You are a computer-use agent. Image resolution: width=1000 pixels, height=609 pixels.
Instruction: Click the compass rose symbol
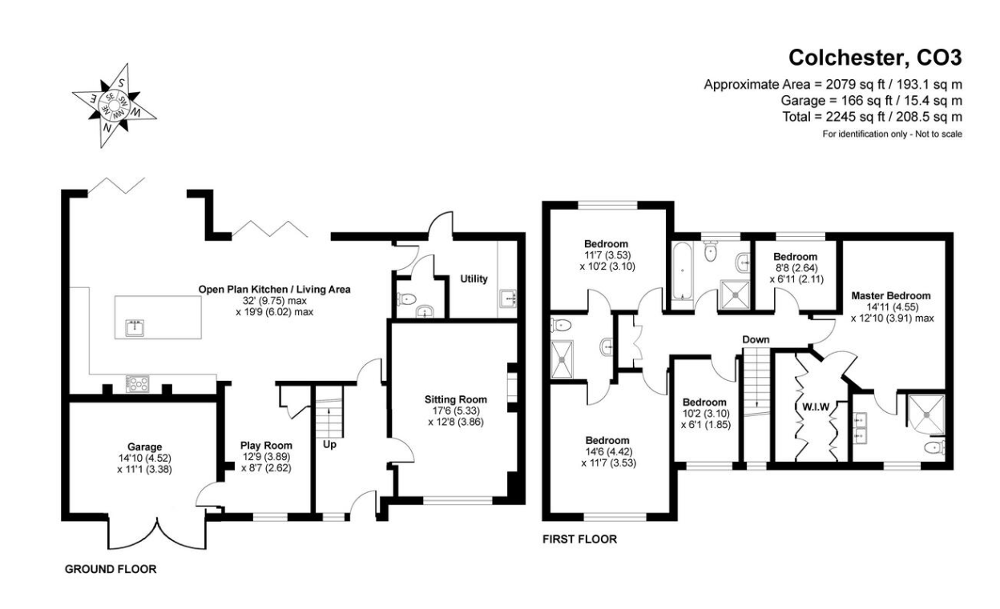(115, 105)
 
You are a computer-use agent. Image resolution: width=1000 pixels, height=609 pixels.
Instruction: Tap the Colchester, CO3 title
(875, 58)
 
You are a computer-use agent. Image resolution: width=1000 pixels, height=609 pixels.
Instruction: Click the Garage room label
(145, 447)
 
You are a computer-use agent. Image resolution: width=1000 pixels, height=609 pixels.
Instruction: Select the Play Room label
(266, 446)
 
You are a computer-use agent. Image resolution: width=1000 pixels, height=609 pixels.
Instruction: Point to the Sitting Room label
(456, 399)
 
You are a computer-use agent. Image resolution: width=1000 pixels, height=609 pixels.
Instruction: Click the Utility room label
(474, 278)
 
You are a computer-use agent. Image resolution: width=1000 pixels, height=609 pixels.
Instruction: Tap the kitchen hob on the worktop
(138, 383)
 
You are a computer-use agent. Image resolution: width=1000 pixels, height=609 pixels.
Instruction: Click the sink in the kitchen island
(135, 327)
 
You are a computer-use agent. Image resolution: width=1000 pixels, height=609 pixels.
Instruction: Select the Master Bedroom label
(891, 295)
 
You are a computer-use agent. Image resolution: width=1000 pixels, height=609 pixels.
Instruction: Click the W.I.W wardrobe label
(816, 407)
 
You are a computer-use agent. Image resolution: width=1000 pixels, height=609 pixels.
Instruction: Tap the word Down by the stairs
(756, 340)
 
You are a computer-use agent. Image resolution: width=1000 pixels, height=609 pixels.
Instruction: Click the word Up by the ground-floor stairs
(329, 445)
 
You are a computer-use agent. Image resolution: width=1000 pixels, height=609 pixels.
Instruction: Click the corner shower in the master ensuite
(927, 415)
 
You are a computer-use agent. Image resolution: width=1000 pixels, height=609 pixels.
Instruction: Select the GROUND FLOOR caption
(111, 569)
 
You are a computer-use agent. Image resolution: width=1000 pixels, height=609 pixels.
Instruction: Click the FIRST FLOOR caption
(579, 539)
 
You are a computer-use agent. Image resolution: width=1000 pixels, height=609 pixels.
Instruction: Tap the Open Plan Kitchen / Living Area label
(275, 290)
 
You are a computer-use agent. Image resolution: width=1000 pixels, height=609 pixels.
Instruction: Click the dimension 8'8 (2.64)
(796, 268)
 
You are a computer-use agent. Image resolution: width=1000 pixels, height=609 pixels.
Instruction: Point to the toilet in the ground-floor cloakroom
(407, 298)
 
